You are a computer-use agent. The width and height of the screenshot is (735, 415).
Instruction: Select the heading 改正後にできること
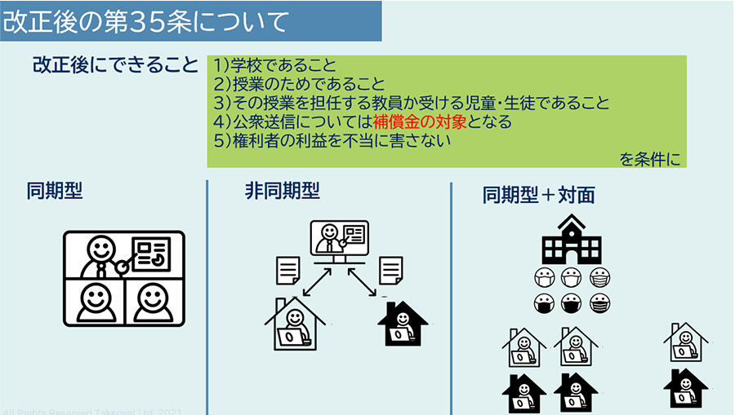click(115, 66)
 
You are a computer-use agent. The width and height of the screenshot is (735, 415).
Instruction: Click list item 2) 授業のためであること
click(299, 84)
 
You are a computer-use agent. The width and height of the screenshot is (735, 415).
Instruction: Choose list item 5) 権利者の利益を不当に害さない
click(333, 141)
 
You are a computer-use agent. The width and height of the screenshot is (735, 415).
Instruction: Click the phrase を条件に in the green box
click(649, 159)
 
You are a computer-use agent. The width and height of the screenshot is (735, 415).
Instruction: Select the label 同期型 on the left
click(55, 192)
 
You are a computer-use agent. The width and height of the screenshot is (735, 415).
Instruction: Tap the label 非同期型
click(282, 192)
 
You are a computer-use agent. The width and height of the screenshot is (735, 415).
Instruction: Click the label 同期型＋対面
click(538, 195)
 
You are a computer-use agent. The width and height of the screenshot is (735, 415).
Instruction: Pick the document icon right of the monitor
click(391, 270)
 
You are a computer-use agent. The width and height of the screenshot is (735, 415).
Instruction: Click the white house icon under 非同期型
click(296, 322)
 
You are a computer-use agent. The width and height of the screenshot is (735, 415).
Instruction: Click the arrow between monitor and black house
click(367, 284)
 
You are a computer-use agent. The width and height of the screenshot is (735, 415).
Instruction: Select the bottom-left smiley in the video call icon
click(96, 302)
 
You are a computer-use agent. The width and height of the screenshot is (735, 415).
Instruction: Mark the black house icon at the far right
click(685, 389)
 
